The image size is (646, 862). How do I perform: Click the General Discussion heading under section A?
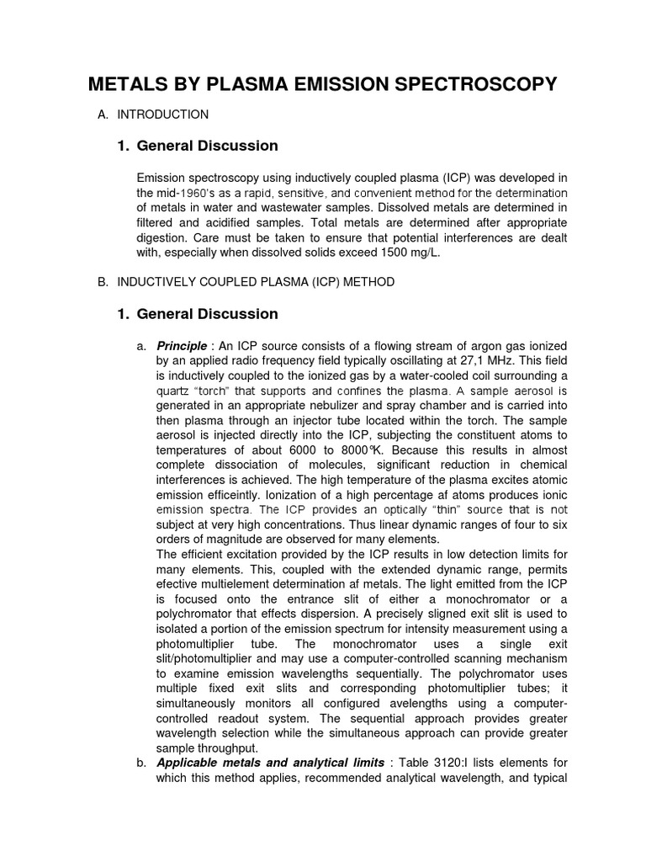click(207, 146)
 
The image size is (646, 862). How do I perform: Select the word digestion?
click(162, 237)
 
